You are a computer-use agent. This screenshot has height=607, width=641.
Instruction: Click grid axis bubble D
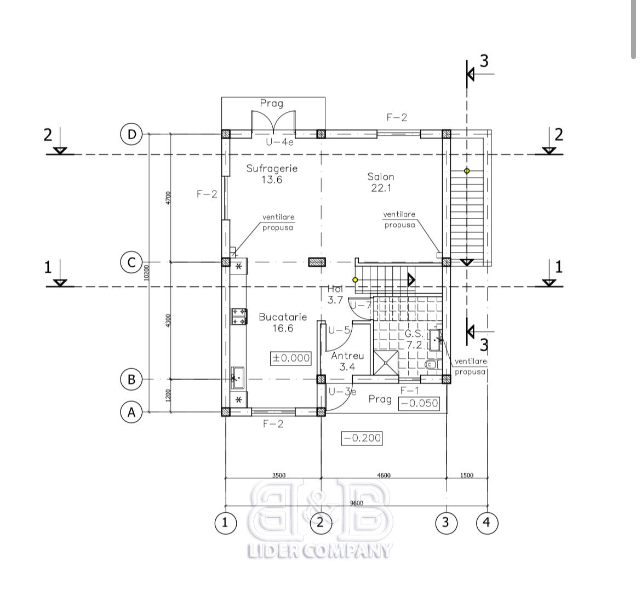(x=131, y=134)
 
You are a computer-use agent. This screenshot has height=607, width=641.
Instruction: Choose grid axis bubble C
(x=131, y=262)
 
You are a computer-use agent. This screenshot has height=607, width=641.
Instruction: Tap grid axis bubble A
(x=131, y=411)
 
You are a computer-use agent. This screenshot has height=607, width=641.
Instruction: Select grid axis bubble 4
(x=487, y=523)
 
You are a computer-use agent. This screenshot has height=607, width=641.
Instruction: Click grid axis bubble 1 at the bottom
(x=225, y=523)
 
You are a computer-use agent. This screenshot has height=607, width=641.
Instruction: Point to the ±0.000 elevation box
(x=291, y=358)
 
